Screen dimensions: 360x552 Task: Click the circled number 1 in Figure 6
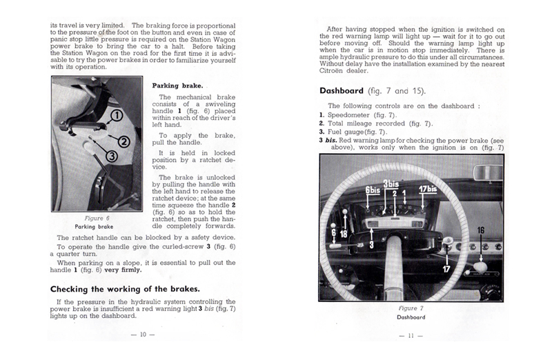[117, 114]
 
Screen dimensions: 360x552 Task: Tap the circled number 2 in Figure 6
[124, 142]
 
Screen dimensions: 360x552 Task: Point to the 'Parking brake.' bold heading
[175, 86]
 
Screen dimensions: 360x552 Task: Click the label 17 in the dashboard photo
[446, 268]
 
